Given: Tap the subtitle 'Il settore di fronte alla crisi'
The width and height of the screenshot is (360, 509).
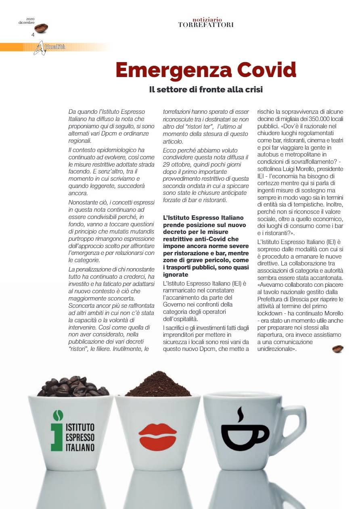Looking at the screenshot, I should (206, 90).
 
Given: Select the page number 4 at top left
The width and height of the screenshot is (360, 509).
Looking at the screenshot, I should (33, 34).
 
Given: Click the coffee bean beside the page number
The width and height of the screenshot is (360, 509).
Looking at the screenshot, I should (41, 28).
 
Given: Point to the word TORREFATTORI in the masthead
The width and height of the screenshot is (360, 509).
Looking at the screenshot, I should (205, 25).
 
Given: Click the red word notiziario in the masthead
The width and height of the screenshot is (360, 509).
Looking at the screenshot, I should (205, 19).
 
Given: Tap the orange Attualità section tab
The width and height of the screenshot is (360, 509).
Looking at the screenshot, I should (52, 47).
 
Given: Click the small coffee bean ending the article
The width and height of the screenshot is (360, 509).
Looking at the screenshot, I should (337, 349).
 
